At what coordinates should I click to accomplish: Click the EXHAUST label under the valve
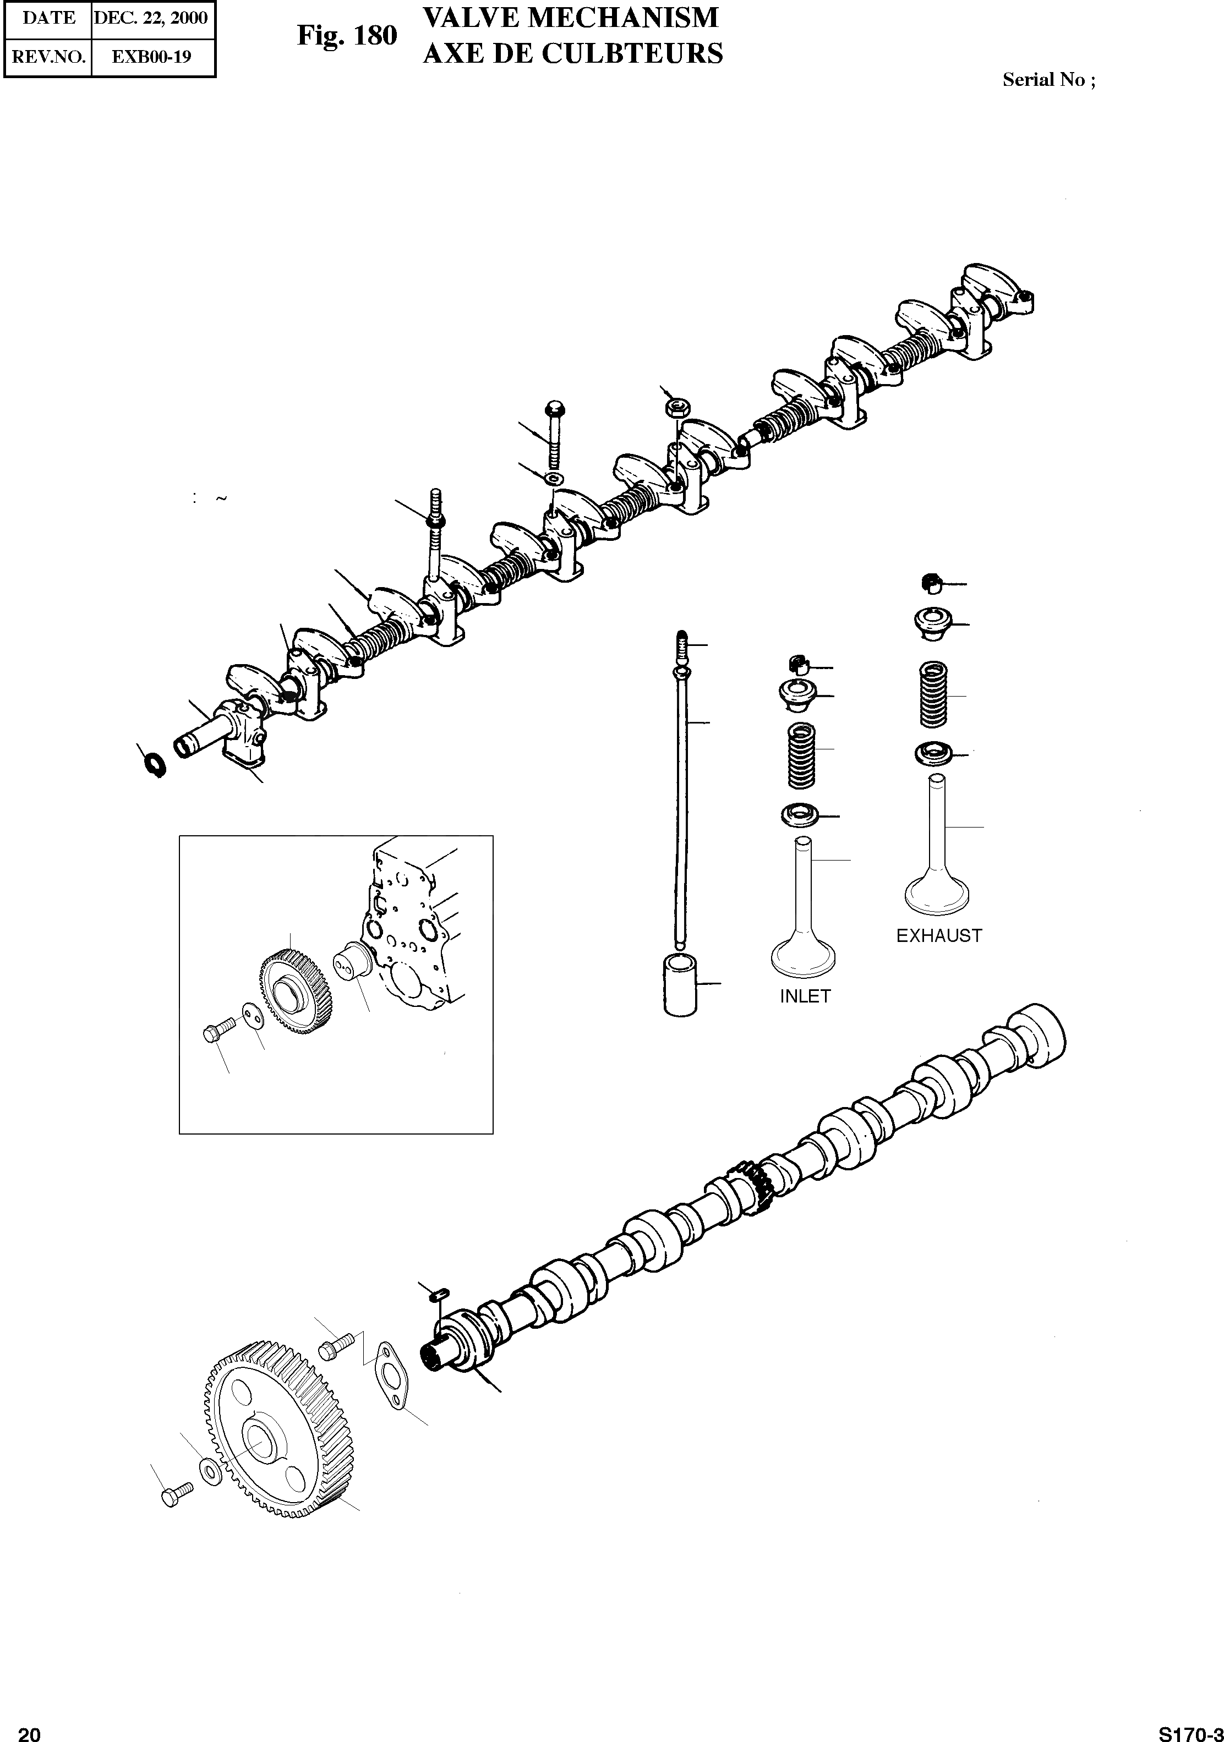[x=939, y=935]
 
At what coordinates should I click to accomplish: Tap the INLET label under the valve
[x=805, y=996]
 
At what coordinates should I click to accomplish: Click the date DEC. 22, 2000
[x=150, y=18]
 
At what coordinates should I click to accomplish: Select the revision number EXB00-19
[x=151, y=57]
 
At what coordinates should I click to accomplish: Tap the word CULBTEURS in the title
[x=640, y=54]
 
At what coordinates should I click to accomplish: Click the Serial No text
[x=1048, y=80]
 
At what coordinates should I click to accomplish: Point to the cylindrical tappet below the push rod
[x=679, y=985]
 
